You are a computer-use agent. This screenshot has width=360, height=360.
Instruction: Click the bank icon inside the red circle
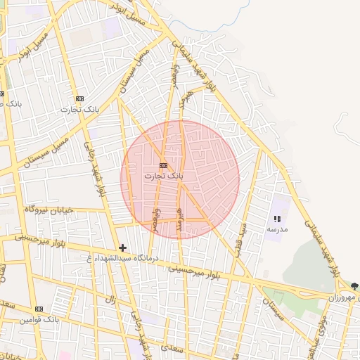click(x=163, y=165)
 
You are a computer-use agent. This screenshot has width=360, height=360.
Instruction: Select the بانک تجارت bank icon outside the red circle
click(x=79, y=99)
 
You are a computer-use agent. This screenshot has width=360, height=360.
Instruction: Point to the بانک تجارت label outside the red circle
click(x=79, y=109)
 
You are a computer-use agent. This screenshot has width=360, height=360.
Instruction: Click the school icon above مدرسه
click(x=276, y=219)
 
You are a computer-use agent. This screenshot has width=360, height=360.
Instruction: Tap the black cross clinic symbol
click(x=123, y=247)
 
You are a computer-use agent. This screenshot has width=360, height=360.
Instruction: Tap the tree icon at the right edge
click(x=354, y=286)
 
